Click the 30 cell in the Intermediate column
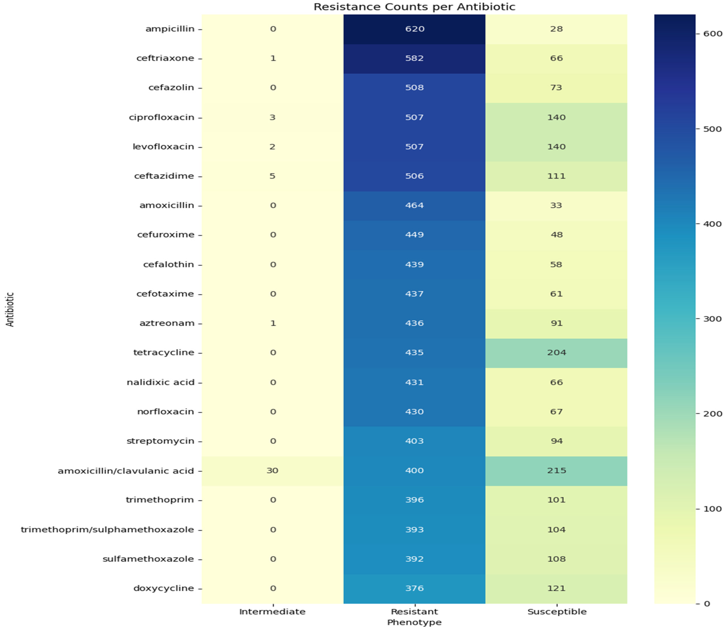coord(272,470)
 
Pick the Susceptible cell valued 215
coord(556,470)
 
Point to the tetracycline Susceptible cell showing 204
coord(556,352)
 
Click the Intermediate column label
coord(272,612)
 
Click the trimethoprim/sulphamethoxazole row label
coord(107,530)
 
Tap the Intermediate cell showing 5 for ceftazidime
coord(272,176)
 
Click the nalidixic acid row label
coord(161,382)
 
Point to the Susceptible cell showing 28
coord(556,29)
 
